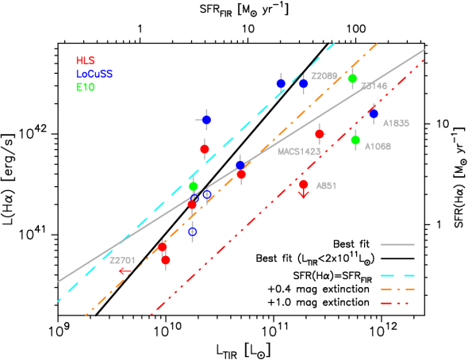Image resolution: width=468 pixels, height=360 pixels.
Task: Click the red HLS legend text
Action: pyautogui.click(x=85, y=60)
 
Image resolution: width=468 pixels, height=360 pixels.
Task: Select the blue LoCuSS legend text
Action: pyautogui.click(x=94, y=74)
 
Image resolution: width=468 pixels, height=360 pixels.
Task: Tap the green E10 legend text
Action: pyautogui.click(x=85, y=87)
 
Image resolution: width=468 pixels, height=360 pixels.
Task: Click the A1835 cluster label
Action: pyautogui.click(x=396, y=124)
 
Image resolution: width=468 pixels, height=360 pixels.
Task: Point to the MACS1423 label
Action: pyautogui.click(x=299, y=151)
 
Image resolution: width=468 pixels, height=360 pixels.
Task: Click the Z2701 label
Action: pyautogui.click(x=122, y=261)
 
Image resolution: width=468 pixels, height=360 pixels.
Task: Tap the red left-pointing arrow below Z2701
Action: pyautogui.click(x=125, y=271)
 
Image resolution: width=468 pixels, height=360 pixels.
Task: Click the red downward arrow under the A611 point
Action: pyautogui.click(x=304, y=194)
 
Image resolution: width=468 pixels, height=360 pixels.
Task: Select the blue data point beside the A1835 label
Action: pyautogui.click(x=374, y=113)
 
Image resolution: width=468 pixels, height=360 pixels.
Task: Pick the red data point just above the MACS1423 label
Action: pyautogui.click(x=320, y=134)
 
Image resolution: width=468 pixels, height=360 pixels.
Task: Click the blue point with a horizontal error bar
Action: pyautogui.click(x=206, y=120)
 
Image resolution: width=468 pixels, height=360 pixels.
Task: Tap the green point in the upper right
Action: pyautogui.click(x=352, y=79)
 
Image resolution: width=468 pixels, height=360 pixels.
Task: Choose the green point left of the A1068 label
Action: pyautogui.click(x=355, y=140)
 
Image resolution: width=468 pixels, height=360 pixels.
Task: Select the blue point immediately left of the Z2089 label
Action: pyautogui.click(x=304, y=83)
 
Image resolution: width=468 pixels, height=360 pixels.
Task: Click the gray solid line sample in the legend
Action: pyautogui.click(x=397, y=245)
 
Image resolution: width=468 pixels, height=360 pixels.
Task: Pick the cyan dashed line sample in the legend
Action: pyautogui.click(x=397, y=275)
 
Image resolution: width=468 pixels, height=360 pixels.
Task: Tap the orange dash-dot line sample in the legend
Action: pyautogui.click(x=397, y=289)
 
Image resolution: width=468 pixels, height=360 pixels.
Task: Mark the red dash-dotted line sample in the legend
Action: pyautogui.click(x=397, y=304)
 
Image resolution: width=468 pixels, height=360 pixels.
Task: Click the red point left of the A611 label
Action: pyautogui.click(x=304, y=184)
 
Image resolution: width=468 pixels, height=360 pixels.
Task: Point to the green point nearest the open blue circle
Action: pyautogui.click(x=193, y=186)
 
